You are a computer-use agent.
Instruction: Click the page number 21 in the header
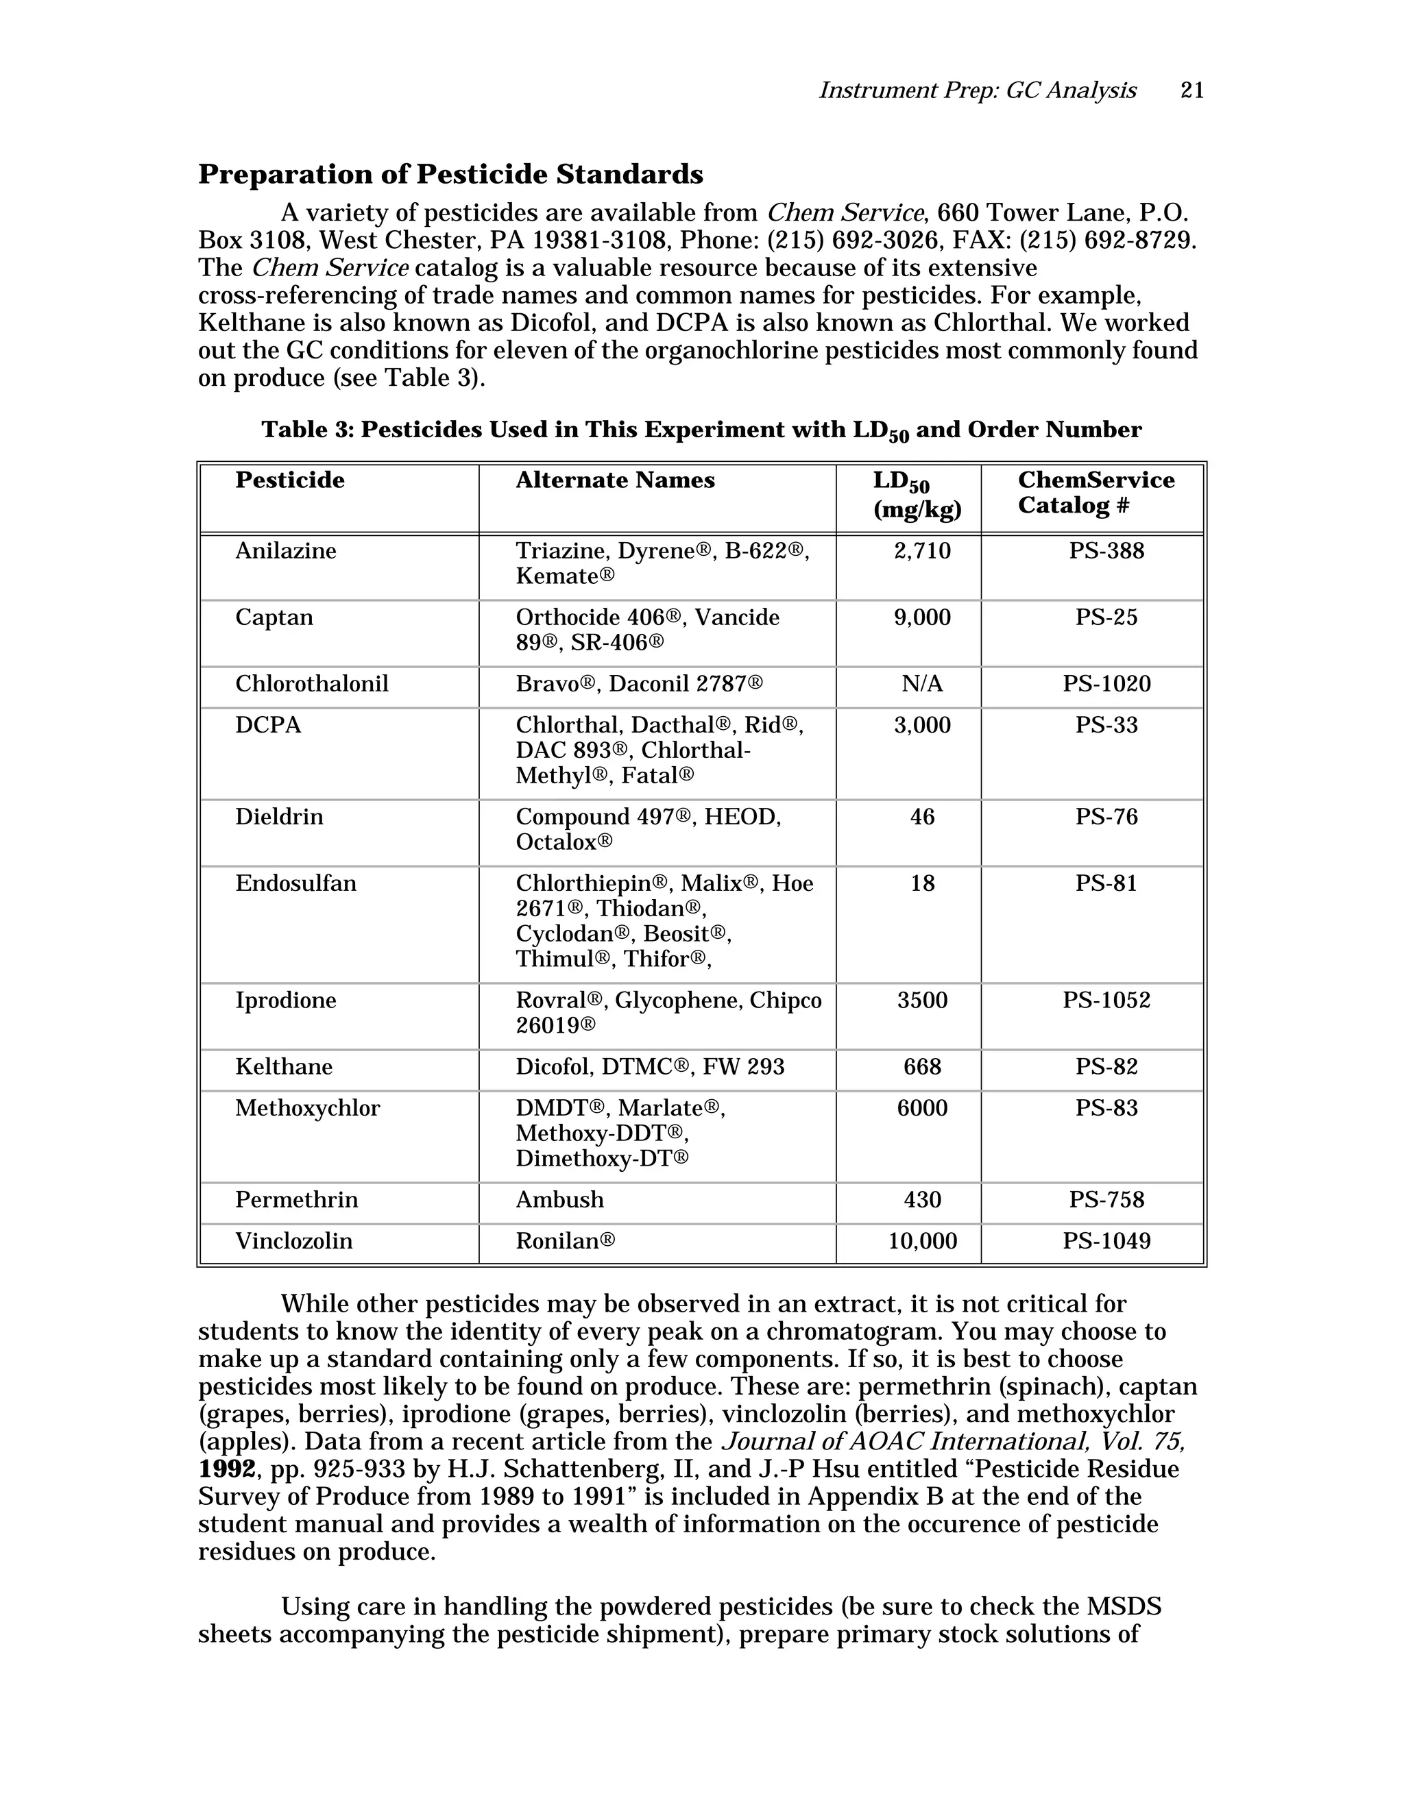point(1192,90)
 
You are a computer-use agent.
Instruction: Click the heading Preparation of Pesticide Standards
point(450,175)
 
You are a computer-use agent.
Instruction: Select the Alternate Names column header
point(615,480)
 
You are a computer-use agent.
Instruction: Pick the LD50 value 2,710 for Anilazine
point(921,551)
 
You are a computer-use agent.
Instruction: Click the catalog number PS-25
point(1106,618)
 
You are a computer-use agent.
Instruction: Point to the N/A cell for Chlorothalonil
point(921,685)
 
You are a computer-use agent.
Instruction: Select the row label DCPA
point(268,725)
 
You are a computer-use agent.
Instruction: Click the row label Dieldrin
point(278,817)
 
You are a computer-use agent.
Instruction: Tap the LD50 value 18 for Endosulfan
point(921,883)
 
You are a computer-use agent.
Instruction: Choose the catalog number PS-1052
point(1106,1001)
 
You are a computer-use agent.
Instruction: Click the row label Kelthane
point(284,1067)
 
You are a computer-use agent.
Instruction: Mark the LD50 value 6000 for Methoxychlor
point(921,1108)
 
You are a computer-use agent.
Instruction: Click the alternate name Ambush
point(559,1200)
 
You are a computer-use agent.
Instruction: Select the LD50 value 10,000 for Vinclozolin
point(921,1242)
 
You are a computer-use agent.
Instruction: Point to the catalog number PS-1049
point(1106,1242)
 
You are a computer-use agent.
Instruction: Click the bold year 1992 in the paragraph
point(226,1469)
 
